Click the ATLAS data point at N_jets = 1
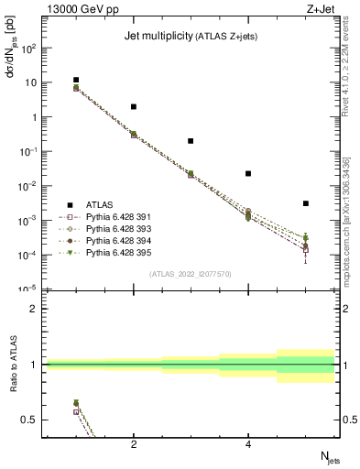76,80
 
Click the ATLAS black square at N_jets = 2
134,106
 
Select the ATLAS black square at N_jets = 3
191,141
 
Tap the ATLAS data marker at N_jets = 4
248,173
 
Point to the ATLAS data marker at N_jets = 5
306,203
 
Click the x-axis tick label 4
248,444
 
